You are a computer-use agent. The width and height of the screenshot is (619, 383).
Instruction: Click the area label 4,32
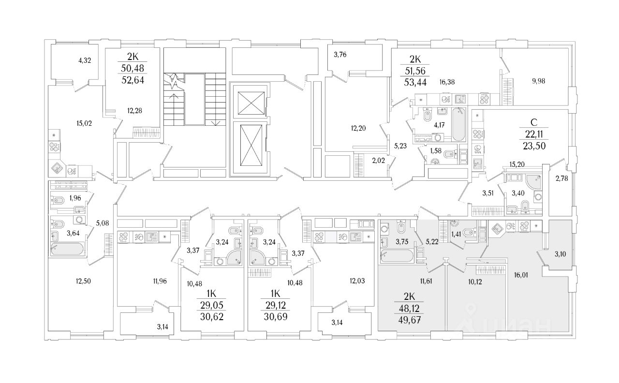[85, 60]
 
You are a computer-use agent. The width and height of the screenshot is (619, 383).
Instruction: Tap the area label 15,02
[84, 123]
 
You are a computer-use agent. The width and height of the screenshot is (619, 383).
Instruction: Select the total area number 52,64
[133, 80]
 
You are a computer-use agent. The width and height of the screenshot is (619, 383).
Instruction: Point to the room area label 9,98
[538, 81]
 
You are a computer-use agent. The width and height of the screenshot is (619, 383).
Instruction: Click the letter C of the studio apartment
[534, 122]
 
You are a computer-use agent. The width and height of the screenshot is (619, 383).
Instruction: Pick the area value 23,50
[534, 146]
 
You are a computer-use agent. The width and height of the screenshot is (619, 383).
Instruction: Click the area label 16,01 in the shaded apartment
[521, 275]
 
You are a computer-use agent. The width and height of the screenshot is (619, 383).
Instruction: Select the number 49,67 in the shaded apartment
[409, 320]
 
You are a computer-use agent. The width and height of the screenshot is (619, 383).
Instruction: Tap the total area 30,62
[212, 317]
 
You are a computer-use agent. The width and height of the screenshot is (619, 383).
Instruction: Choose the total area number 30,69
[276, 317]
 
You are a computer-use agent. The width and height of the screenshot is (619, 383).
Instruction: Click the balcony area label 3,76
[340, 55]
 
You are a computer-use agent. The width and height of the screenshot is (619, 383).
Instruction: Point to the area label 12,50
[83, 281]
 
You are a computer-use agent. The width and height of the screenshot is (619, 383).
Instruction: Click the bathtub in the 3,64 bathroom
[67, 249]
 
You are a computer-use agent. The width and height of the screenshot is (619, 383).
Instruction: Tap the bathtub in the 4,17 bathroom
[459, 125]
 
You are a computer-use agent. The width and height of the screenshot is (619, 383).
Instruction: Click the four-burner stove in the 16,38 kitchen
[485, 99]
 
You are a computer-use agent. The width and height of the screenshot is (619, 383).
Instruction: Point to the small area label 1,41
[456, 235]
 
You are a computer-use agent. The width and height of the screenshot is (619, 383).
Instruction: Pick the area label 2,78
[562, 178]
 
